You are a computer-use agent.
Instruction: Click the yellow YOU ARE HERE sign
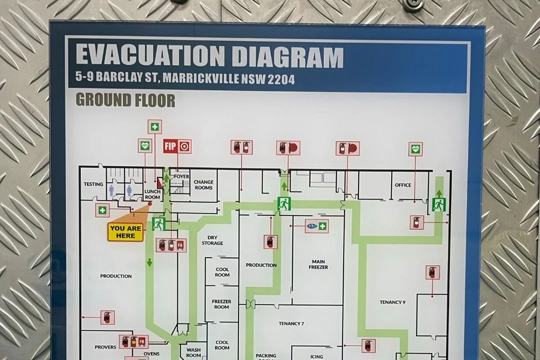tap(125, 232)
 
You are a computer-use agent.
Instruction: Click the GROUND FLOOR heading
tap(125, 100)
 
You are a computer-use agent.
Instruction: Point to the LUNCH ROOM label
tap(152, 194)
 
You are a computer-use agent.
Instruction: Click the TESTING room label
tap(93, 184)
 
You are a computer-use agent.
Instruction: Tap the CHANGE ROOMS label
tap(203, 185)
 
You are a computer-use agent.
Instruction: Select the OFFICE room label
tap(403, 185)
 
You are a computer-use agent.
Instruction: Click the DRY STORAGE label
tap(212, 240)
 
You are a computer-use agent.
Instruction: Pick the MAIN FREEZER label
tap(318, 264)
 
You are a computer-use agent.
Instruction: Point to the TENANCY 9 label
tap(392, 302)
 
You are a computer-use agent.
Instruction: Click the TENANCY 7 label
tap(291, 323)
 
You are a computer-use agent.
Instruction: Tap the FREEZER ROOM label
tap(221, 304)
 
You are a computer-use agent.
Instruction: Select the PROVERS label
tap(105, 347)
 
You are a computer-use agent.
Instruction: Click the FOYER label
tap(181, 176)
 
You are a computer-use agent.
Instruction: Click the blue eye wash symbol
tap(312, 226)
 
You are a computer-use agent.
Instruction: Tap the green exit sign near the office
tap(438, 204)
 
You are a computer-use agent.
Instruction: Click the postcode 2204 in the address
tap(281, 79)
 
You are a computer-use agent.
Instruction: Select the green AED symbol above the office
tap(415, 148)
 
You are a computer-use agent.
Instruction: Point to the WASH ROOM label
tap(193, 352)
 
